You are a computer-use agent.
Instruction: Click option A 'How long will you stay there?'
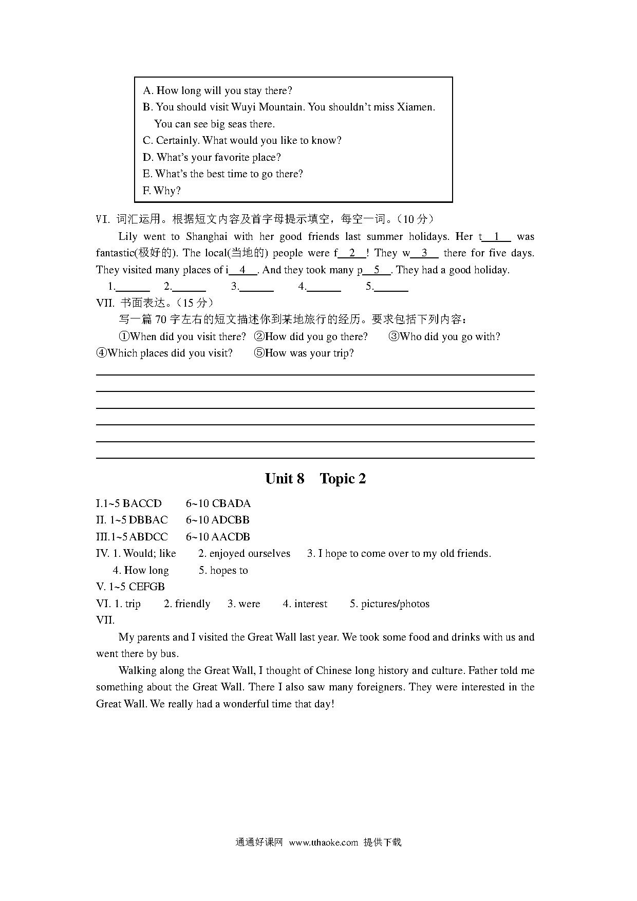217,91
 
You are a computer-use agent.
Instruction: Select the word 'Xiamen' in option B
416,107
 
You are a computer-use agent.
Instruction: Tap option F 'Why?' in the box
162,191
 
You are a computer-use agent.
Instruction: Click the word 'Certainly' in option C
177,141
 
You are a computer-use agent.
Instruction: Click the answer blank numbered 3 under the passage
256,287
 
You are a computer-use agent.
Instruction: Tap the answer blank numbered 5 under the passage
391,287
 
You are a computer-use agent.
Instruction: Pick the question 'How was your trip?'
304,353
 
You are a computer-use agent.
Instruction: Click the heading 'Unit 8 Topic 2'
315,479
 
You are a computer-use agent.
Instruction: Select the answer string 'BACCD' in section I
142,503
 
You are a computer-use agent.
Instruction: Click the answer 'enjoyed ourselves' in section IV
250,554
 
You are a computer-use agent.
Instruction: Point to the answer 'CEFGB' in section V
146,587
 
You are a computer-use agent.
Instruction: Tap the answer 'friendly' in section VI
192,604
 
